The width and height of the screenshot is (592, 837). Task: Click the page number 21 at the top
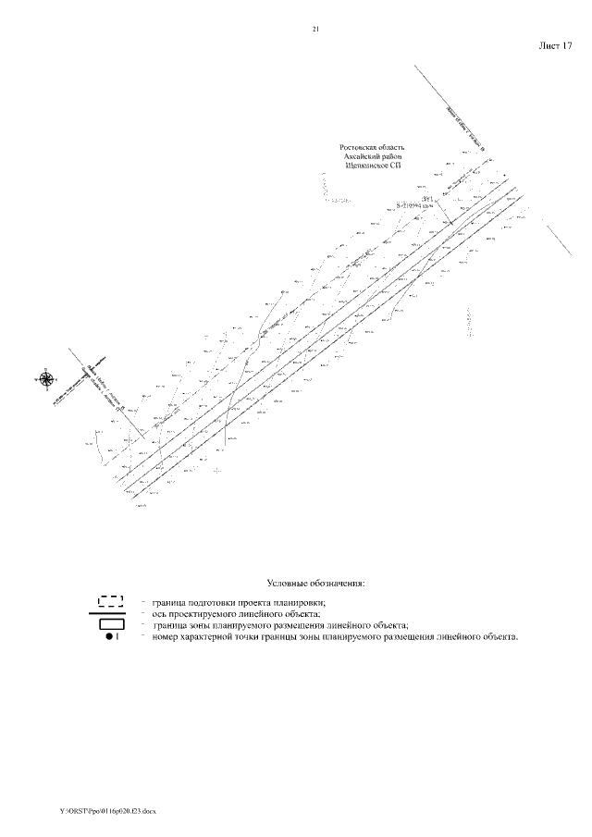point(315,30)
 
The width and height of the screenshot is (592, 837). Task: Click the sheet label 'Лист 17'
point(556,44)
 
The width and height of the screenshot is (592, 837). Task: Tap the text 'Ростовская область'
point(373,147)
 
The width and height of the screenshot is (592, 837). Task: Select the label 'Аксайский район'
point(373,157)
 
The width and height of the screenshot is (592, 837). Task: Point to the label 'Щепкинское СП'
point(373,167)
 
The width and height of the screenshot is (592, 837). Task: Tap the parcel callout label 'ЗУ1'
point(427,199)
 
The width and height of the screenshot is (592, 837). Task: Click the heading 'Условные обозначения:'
point(316,584)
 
